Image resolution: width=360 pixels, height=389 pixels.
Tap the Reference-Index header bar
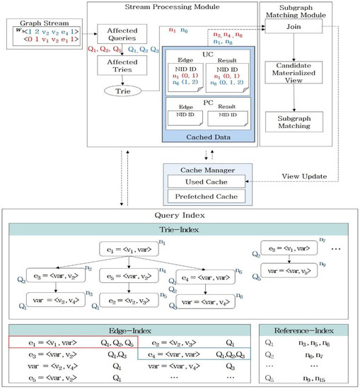coord(303,330)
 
